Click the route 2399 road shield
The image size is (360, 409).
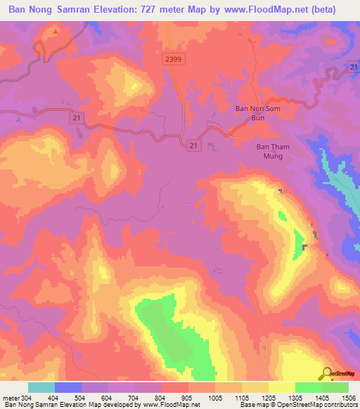coord(174,60)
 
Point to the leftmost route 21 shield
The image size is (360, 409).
coord(75,119)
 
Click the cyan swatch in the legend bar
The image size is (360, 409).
coord(41,387)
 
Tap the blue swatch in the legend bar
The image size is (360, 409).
coord(68,387)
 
